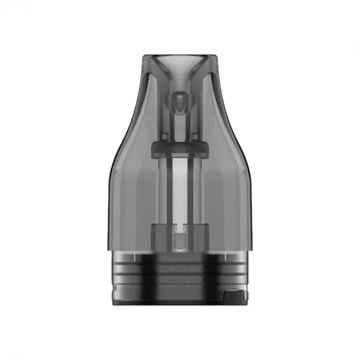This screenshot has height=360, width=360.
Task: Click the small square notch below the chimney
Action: tap(179, 240)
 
